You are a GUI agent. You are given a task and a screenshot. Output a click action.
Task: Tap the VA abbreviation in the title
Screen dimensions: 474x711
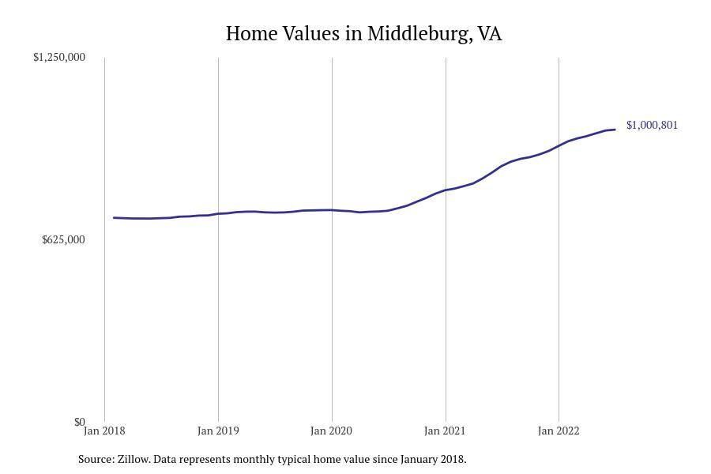click(x=490, y=34)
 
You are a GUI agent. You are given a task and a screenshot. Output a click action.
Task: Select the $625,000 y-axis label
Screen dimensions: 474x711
click(x=63, y=240)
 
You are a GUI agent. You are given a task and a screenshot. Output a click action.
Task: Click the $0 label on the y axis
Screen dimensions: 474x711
click(x=79, y=423)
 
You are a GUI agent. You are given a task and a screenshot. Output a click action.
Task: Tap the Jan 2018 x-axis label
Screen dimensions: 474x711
click(x=104, y=431)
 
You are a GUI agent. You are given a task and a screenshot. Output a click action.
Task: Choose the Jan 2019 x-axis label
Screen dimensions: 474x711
click(x=218, y=431)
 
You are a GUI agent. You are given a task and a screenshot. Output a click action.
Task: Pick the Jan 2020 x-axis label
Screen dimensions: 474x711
click(x=332, y=431)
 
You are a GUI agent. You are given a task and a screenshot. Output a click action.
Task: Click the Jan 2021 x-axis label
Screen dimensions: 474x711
click(x=446, y=431)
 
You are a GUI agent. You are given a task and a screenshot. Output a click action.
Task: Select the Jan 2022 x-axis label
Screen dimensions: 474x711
click(x=559, y=431)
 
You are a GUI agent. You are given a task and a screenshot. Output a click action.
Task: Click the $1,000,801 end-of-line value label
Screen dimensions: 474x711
click(x=652, y=125)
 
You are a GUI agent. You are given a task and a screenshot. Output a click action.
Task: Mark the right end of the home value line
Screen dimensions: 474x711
click(x=615, y=130)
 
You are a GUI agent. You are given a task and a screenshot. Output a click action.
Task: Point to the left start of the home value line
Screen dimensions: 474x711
click(x=115, y=217)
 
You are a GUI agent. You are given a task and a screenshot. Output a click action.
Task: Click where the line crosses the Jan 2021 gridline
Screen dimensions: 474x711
click(x=446, y=190)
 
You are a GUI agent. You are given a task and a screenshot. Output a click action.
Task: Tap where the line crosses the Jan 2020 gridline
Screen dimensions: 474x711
click(x=332, y=210)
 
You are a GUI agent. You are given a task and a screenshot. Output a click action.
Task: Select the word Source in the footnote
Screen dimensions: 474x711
click(x=96, y=459)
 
